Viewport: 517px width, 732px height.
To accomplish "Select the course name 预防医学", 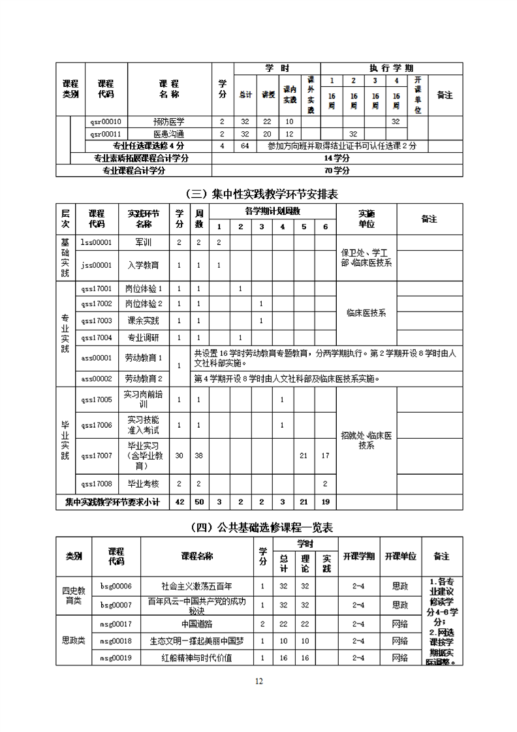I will click(x=169, y=121).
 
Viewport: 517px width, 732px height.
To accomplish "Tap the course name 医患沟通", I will click(x=169, y=133).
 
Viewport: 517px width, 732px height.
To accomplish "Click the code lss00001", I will click(x=96, y=242).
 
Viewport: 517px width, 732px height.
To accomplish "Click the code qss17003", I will click(x=96, y=321).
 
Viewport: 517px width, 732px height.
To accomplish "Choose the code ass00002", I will click(x=96, y=378).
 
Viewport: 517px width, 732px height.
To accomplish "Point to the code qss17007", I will click(x=96, y=455).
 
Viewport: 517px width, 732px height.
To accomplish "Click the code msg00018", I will click(x=116, y=641).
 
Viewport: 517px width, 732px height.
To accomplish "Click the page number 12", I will click(x=258, y=682).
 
